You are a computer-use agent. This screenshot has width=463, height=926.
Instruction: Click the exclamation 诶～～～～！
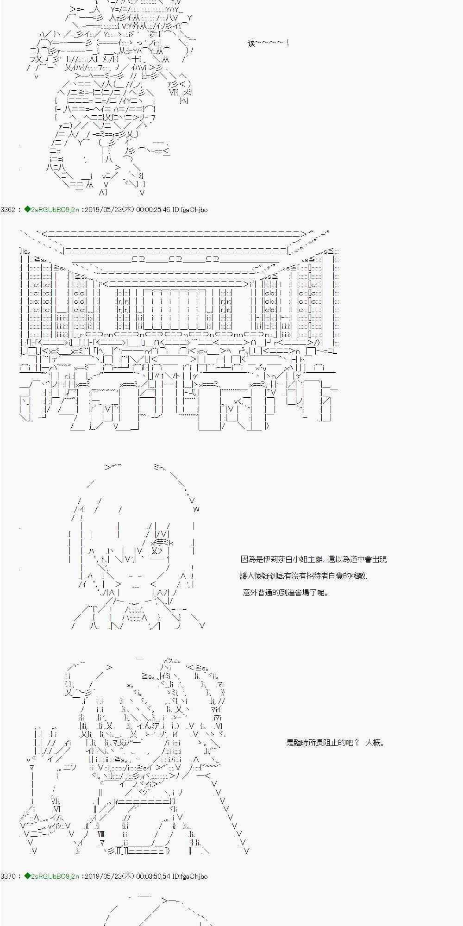click(x=269, y=43)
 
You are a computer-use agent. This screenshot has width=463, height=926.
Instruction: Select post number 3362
click(x=8, y=210)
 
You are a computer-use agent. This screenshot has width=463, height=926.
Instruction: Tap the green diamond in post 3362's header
click(x=27, y=210)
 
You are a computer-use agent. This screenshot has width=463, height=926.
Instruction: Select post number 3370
click(x=8, y=876)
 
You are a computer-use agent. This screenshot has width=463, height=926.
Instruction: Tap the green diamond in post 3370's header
click(x=27, y=876)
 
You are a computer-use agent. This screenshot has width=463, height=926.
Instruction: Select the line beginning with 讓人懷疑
click(x=304, y=576)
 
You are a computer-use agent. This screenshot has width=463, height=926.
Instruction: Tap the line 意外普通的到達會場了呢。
click(x=286, y=593)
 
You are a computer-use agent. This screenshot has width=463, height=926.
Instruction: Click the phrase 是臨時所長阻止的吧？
click(x=322, y=743)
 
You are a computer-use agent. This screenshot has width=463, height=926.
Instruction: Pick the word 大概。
click(x=375, y=743)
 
